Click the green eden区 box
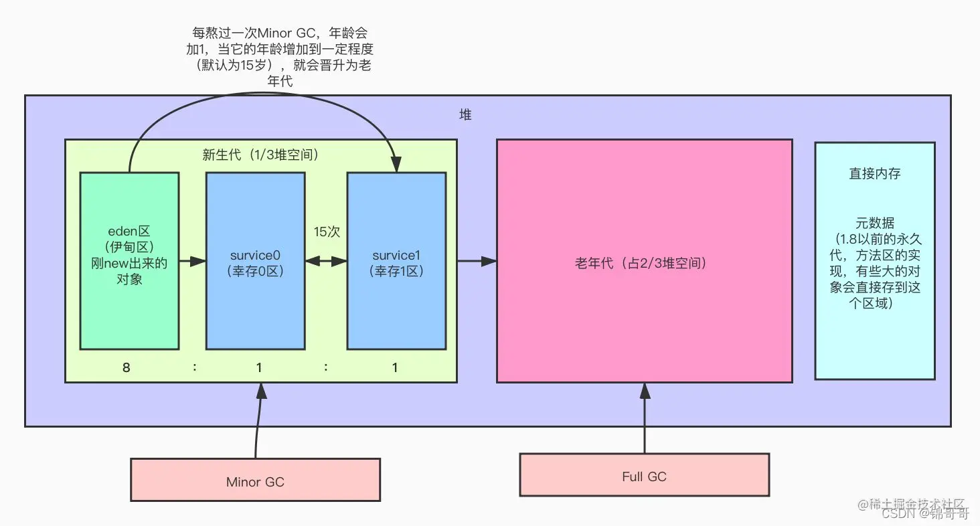tap(129, 261)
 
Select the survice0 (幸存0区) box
tap(255, 261)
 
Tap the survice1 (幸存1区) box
tap(396, 261)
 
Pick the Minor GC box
tap(255, 480)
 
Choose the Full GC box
tap(644, 475)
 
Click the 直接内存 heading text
tap(874, 173)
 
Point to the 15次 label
tap(327, 232)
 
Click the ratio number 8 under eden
tap(126, 367)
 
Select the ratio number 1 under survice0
tap(258, 367)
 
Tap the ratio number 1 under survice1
tap(395, 367)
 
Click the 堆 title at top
tap(465, 115)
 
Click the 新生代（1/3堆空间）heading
tap(260, 154)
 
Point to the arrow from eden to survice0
tap(192, 261)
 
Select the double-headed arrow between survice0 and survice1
tap(326, 262)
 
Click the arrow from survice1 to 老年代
tap(476, 261)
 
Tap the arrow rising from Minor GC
tap(258, 422)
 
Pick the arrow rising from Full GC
tap(645, 418)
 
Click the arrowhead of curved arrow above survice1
tap(396, 165)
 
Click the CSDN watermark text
tap(894, 514)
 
